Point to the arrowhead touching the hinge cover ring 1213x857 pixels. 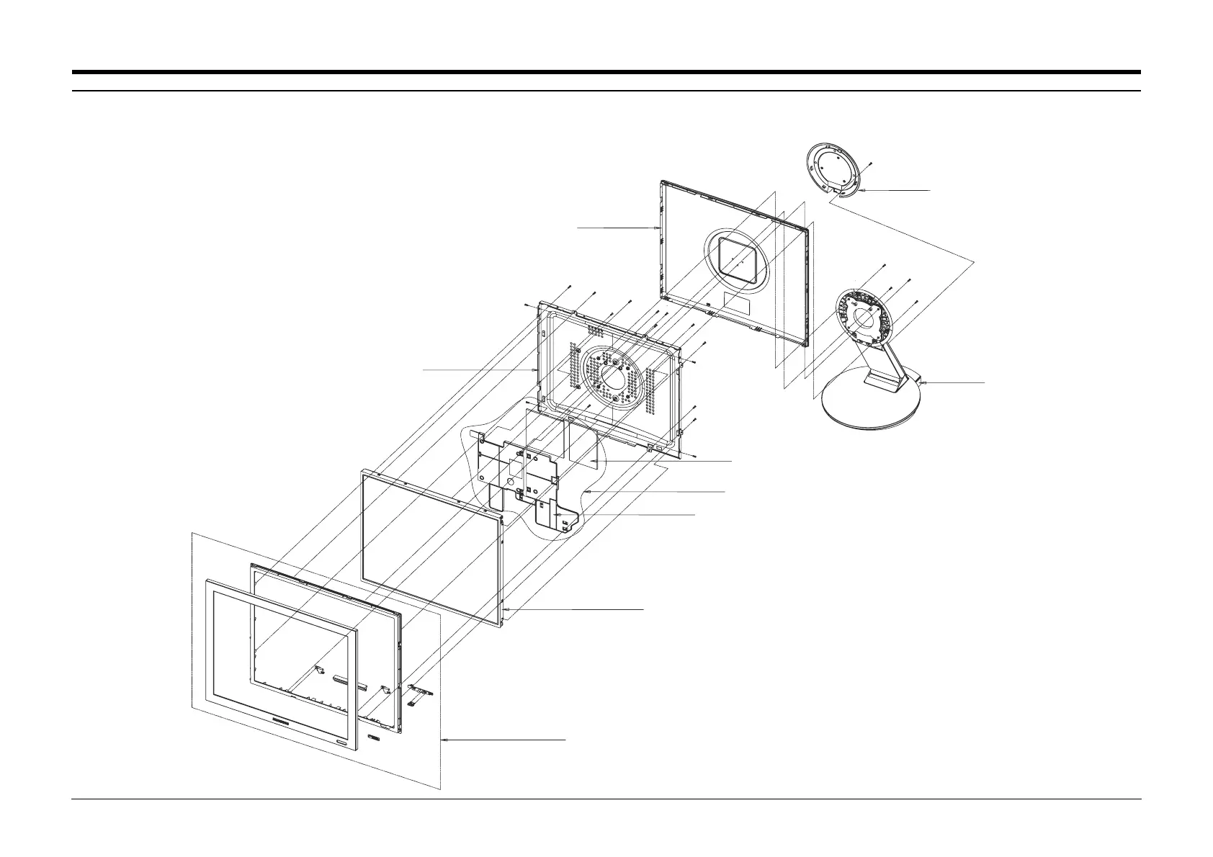pyautogui.click(x=861, y=191)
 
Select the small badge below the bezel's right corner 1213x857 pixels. pyautogui.click(x=372, y=737)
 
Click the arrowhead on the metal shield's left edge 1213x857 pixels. pyautogui.click(x=537, y=369)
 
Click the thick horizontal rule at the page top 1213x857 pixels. pyautogui.click(x=606, y=72)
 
